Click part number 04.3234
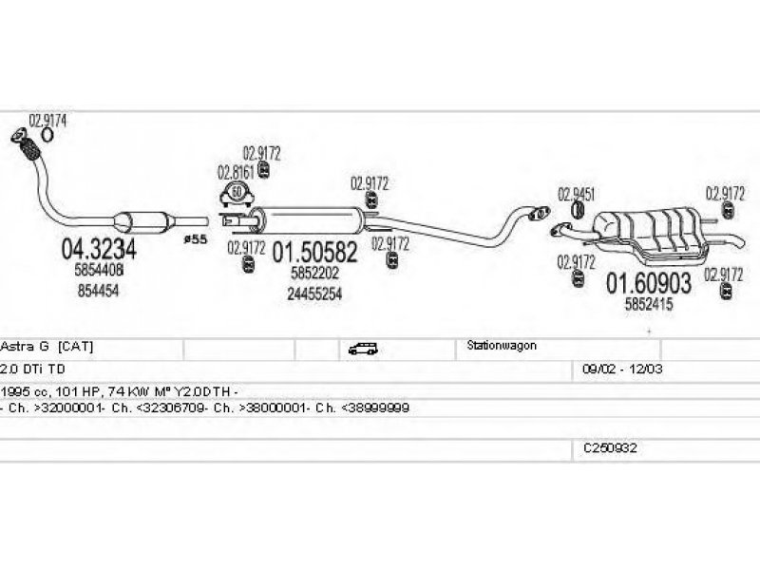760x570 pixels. (x=99, y=250)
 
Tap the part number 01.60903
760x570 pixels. (x=649, y=282)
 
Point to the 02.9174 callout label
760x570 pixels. (x=47, y=120)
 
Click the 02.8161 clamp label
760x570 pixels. (x=235, y=173)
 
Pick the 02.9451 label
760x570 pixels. (x=577, y=195)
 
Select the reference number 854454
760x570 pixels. (x=98, y=291)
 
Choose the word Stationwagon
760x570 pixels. (x=501, y=347)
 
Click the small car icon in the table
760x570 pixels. (x=362, y=350)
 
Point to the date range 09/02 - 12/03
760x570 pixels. (x=616, y=368)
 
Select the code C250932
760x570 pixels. (x=610, y=446)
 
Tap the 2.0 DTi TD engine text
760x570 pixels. (x=33, y=368)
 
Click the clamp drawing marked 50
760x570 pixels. (x=236, y=197)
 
